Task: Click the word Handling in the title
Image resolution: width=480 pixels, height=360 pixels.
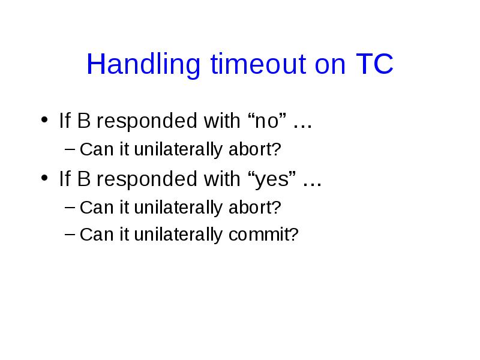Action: click(143, 65)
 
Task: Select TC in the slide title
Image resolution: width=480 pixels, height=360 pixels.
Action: click(374, 64)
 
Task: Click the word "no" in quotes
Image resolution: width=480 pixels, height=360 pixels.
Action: click(266, 121)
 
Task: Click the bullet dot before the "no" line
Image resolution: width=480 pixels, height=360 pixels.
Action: click(44, 119)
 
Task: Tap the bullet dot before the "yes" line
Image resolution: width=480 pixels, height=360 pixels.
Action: click(44, 178)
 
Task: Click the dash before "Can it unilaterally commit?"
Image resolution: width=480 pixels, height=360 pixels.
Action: click(70, 234)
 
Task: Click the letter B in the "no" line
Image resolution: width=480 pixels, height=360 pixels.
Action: click(84, 121)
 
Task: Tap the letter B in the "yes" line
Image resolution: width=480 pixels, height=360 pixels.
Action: click(84, 179)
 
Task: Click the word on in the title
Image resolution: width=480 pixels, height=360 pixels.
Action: click(330, 65)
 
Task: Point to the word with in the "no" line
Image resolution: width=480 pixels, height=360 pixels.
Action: click(222, 121)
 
